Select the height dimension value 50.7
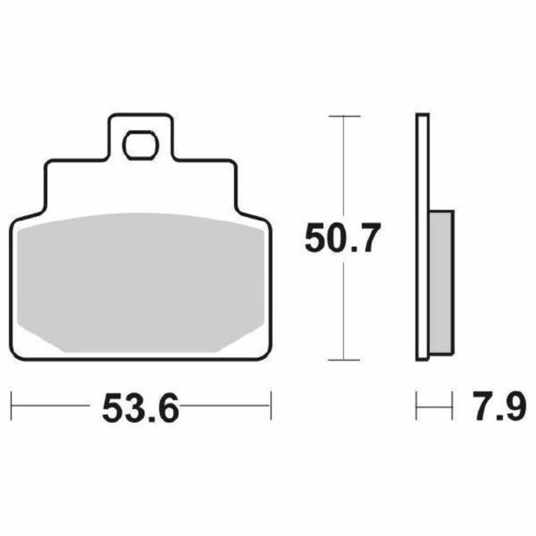coord(342,239)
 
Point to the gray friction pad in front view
coord(140,280)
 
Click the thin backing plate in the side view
coord(421,239)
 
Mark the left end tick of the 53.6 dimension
coord(12,406)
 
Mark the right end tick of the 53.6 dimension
coord(270,406)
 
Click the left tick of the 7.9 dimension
coord(416,406)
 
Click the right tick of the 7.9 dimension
coord(453,406)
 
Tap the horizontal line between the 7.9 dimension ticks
coord(435,406)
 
